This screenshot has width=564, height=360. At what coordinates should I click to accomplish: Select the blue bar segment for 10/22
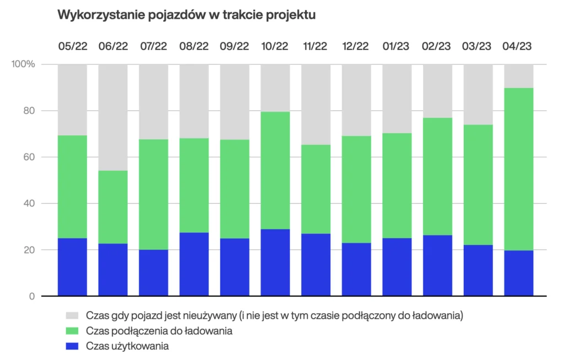point(275,263)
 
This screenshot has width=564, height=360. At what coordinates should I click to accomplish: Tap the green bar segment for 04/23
point(518,169)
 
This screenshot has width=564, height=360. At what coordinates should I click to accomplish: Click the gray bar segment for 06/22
point(113,117)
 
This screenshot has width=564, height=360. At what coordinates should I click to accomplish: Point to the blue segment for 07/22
point(153,273)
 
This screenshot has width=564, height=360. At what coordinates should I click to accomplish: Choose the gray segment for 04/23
point(518,76)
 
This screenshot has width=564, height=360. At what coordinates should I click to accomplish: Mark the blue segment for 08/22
point(194,264)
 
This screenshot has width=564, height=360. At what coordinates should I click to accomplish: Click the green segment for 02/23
point(437,176)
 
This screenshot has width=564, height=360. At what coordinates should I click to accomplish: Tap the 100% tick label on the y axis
point(23,64)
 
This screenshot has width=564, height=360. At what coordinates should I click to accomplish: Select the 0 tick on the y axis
point(31,297)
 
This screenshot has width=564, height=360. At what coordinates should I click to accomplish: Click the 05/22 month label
point(72,46)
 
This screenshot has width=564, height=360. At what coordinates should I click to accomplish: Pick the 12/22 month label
point(356,46)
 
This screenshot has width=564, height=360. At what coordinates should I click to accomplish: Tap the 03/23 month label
point(478,46)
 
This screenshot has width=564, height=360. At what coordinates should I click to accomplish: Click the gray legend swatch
point(72,316)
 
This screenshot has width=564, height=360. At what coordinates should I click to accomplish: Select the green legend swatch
point(72,331)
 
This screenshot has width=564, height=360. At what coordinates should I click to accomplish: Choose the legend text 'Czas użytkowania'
point(127,346)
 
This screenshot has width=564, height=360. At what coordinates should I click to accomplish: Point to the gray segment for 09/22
point(235,102)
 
